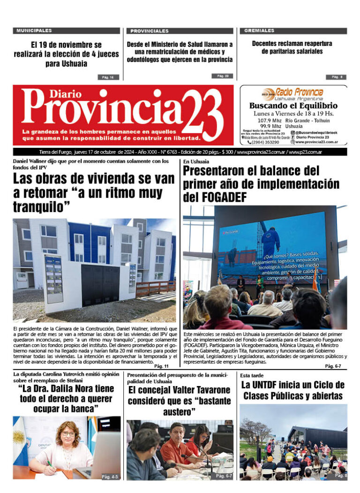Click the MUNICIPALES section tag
tap(34, 30)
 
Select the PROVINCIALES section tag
tap(149, 31)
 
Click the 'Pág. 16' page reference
tap(108, 77)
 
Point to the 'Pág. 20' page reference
tap(223, 76)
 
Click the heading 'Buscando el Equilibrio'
tap(293, 106)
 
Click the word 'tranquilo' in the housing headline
tap(38, 207)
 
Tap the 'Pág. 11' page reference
tap(161, 366)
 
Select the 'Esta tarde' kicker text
tap(252, 376)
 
